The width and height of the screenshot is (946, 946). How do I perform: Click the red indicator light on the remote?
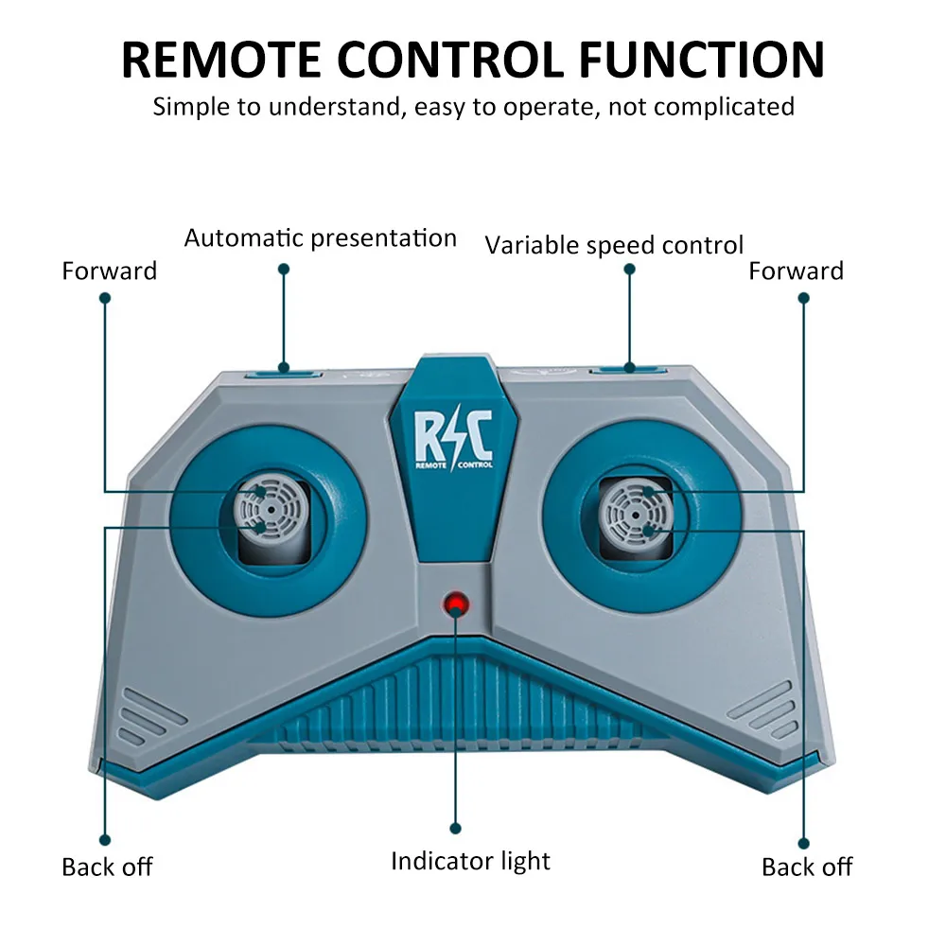click(x=456, y=604)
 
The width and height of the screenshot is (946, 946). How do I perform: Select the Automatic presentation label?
click(x=321, y=237)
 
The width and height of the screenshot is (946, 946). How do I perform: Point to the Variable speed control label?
click(x=614, y=246)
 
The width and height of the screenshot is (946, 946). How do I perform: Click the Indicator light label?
click(x=470, y=861)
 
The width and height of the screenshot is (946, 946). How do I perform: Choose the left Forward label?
click(x=109, y=271)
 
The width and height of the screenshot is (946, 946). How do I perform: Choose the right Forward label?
click(x=796, y=271)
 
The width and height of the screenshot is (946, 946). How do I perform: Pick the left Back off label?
click(x=108, y=867)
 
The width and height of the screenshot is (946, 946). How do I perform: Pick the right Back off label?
click(x=807, y=867)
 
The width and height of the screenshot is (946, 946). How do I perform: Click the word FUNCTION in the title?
click(x=702, y=60)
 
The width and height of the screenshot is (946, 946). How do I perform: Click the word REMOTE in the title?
click(x=221, y=60)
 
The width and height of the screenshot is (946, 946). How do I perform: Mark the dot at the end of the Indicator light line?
click(x=456, y=829)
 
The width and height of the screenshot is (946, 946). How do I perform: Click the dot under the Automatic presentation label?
click(x=284, y=269)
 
